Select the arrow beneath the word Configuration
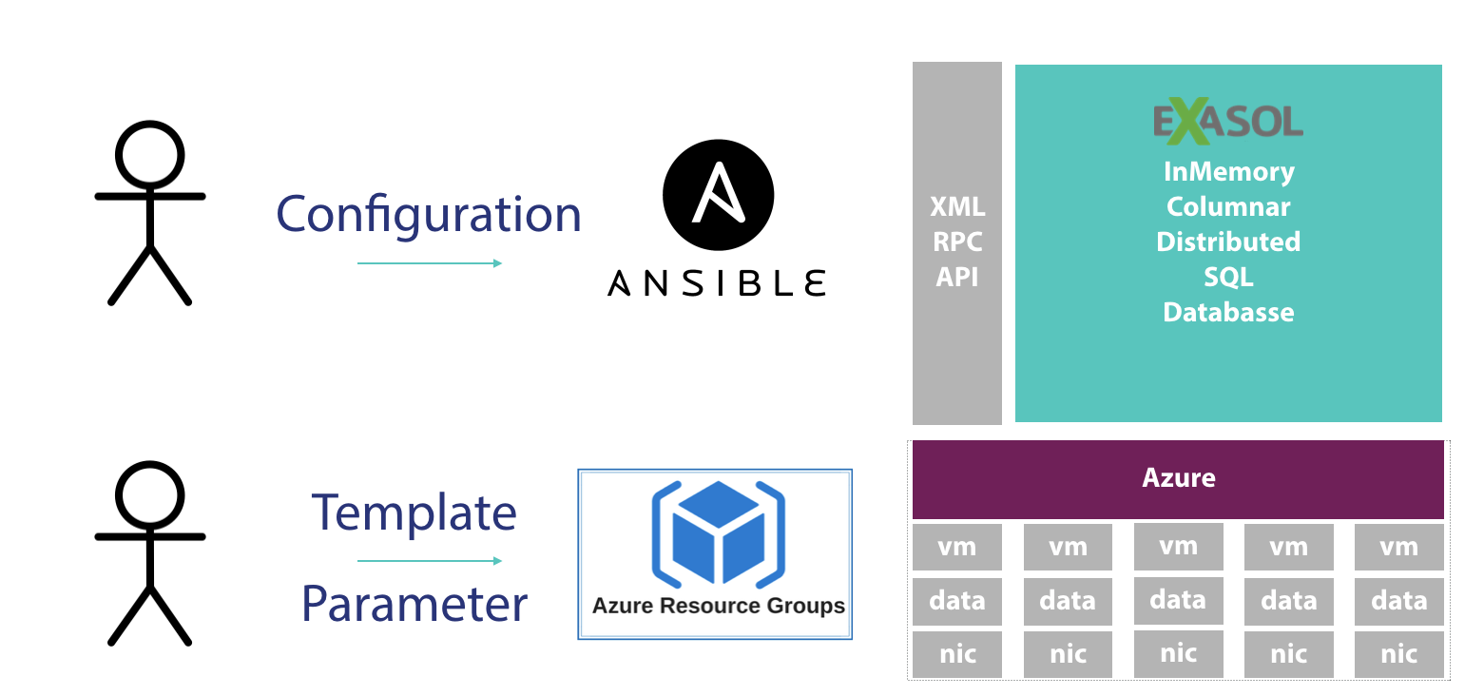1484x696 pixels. [430, 263]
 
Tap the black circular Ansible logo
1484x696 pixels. [718, 195]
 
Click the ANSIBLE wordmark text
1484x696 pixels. [717, 283]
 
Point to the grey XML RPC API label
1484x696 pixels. [957, 242]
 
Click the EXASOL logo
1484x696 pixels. [1228, 122]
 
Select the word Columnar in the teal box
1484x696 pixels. [1228, 207]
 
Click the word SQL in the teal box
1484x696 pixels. [1228, 277]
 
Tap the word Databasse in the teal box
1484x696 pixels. [1228, 312]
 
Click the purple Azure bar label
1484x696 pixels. [1179, 478]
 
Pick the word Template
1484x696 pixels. [414, 512]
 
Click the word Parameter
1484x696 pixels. [414, 605]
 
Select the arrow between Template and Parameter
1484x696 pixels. [430, 561]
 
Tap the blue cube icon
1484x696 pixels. [718, 534]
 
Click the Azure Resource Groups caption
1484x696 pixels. [718, 606]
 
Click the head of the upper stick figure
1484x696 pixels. [149, 155]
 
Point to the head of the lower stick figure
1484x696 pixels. [149, 495]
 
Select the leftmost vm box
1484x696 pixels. [957, 547]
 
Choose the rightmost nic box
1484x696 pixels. [1399, 654]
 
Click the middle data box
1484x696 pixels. [1179, 601]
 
